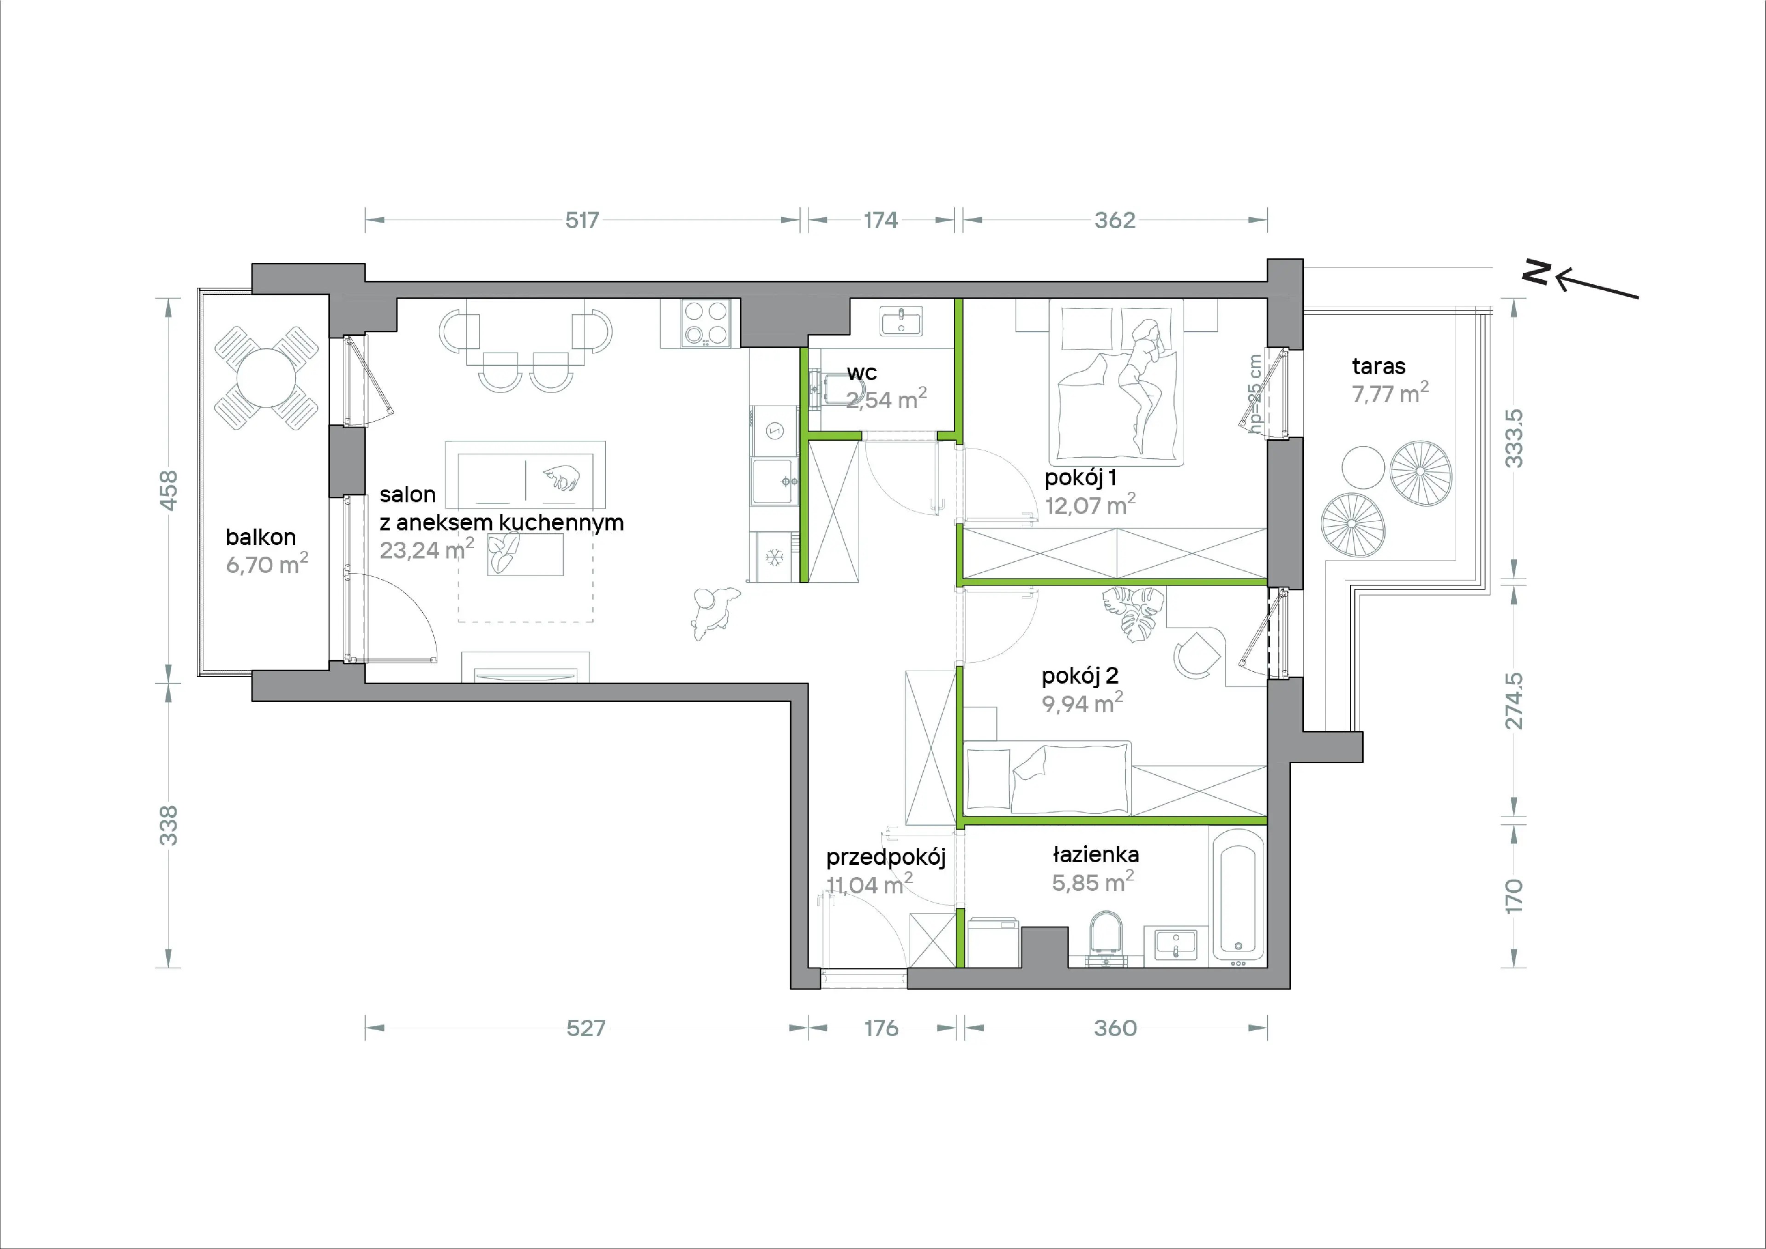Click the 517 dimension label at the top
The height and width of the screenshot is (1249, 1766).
point(582,220)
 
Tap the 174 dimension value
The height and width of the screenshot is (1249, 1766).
point(881,220)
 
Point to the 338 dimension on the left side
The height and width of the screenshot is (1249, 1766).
point(168,826)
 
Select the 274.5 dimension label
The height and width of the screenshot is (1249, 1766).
point(1513,701)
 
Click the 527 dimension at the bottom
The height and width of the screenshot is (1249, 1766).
point(586,1028)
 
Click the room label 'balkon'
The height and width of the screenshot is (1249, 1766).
point(261,537)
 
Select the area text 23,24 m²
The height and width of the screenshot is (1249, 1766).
point(427,549)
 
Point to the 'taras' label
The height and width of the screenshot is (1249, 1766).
point(1378,366)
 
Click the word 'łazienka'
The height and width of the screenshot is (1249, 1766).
point(1096,854)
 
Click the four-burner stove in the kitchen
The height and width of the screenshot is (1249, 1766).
point(706,323)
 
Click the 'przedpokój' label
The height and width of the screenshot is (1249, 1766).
point(885,858)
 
